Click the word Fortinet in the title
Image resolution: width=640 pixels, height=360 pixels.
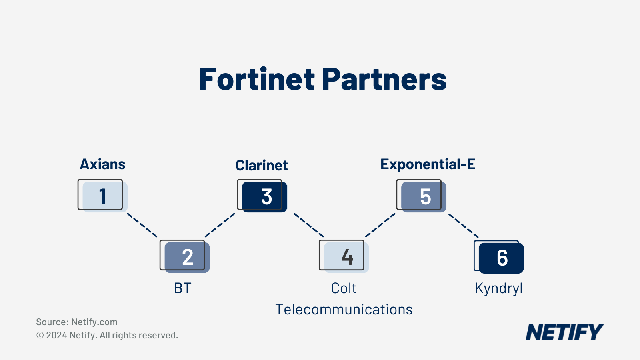(257, 79)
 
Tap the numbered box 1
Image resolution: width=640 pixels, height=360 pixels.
(102, 196)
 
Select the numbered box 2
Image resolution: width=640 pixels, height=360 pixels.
(185, 256)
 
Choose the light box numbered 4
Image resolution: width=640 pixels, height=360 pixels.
(344, 256)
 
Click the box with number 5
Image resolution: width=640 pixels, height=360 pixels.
(422, 196)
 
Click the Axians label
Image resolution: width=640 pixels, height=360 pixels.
(102, 164)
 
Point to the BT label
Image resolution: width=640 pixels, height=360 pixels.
(182, 288)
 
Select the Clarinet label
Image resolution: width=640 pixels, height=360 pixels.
(262, 165)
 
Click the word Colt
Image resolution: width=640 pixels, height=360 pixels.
(344, 288)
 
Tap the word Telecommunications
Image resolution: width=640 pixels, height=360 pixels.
(344, 310)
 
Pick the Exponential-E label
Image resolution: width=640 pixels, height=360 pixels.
(428, 164)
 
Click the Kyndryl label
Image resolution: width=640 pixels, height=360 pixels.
(498, 288)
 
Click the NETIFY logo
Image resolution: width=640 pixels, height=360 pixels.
(564, 332)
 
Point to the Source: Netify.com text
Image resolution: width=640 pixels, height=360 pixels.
(77, 322)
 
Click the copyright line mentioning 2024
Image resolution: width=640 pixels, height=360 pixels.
(107, 335)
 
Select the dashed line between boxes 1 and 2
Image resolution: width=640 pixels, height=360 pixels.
(142, 225)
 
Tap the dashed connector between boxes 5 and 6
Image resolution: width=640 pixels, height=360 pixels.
(464, 226)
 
